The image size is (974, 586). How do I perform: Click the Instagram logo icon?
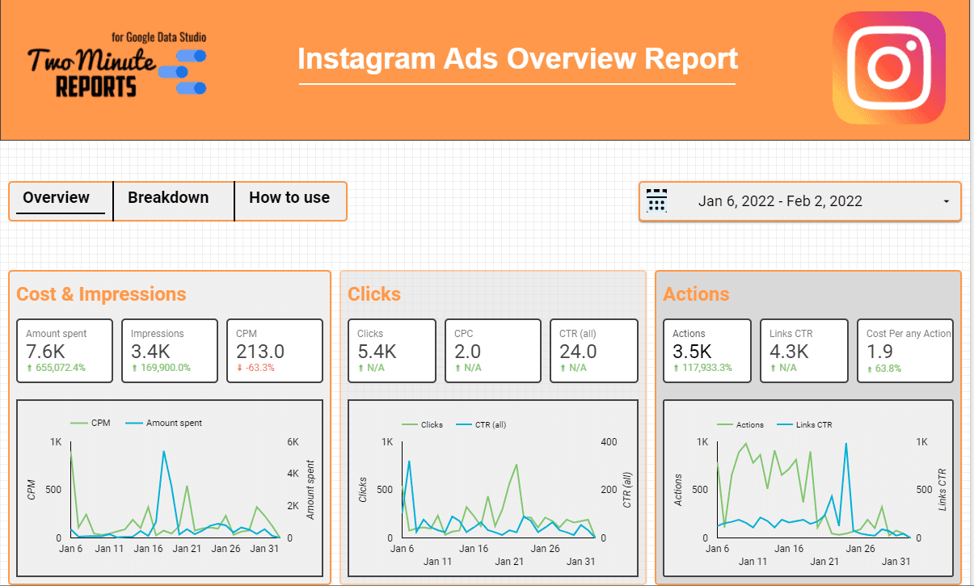(x=888, y=67)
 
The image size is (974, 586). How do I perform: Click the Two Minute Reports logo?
(x=118, y=67)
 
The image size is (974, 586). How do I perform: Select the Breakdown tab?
(x=168, y=198)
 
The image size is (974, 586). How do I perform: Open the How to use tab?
(x=289, y=198)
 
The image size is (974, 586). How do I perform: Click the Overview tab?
(x=57, y=198)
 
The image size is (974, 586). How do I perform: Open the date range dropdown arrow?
(x=946, y=202)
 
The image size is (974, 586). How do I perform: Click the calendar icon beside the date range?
(x=656, y=200)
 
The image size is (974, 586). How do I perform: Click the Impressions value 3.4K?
(x=150, y=352)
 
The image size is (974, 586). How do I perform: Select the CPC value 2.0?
(x=467, y=352)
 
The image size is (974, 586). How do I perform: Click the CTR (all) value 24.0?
(x=577, y=352)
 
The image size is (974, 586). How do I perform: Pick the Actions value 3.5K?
(x=691, y=352)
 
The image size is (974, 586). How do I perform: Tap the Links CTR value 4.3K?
(x=791, y=352)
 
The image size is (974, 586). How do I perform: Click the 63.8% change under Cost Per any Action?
(x=886, y=369)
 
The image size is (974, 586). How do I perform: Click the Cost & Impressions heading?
(x=101, y=294)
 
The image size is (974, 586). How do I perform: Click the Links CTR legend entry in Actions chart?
(x=815, y=424)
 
